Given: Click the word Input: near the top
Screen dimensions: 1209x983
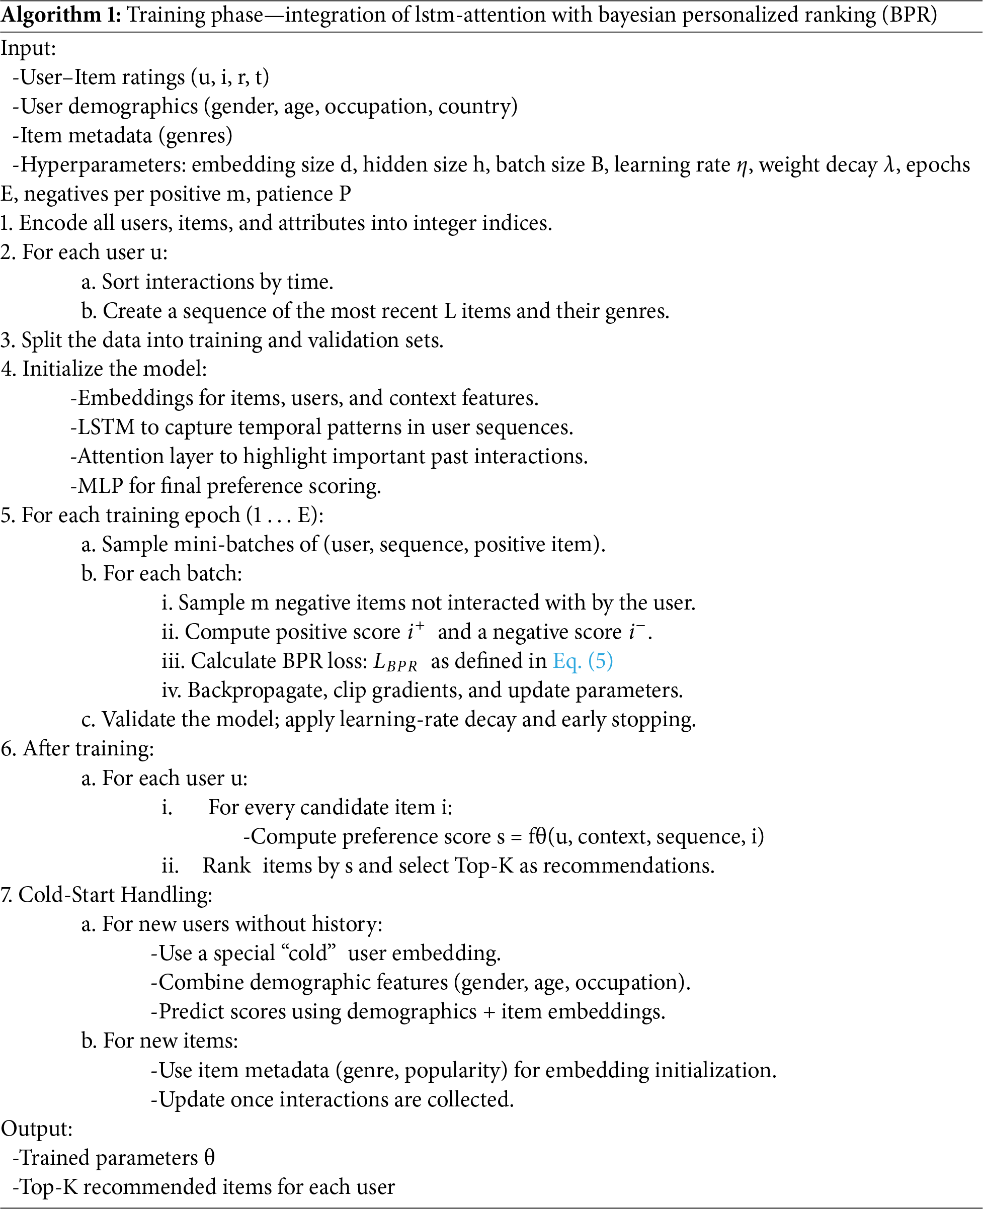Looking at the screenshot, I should tap(28, 48).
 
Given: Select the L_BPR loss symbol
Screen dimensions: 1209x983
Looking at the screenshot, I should tap(395, 662).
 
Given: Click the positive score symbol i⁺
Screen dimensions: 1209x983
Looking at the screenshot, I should tap(415, 631).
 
